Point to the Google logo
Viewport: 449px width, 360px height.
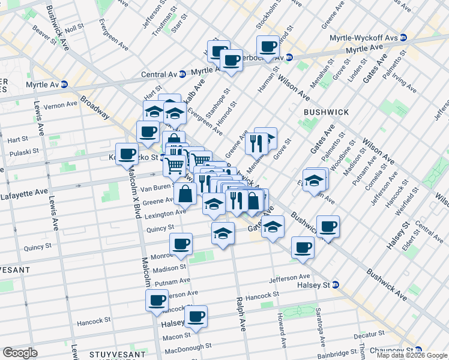coord(20,352)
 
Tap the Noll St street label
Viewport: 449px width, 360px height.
coord(74,28)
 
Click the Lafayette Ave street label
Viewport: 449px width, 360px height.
coord(24,193)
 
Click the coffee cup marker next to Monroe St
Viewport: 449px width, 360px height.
coord(181,243)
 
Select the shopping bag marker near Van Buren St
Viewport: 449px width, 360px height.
coord(186,193)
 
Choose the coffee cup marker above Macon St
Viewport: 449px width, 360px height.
coord(196,316)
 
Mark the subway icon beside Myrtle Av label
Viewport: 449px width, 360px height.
coord(64,85)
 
